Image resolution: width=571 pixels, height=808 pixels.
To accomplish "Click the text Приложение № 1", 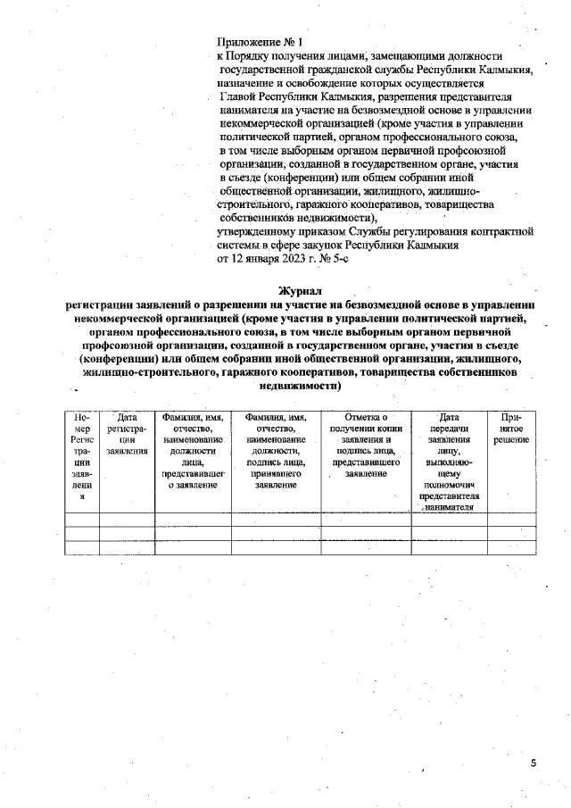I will [x=261, y=42].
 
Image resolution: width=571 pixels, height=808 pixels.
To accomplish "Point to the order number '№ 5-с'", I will [x=333, y=258].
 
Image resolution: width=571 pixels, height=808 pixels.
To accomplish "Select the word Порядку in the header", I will [x=252, y=55].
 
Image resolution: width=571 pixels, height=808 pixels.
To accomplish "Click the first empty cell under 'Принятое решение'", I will [x=511, y=519].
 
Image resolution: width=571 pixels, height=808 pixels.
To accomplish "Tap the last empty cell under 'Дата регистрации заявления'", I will [x=127, y=547].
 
